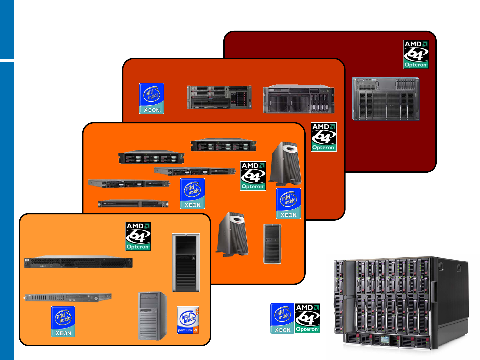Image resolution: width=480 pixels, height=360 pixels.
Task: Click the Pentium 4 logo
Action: [x=188, y=320]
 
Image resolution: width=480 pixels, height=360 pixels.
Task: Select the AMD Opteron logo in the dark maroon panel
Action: [x=416, y=54]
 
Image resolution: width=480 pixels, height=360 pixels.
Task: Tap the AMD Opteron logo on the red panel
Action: [x=323, y=137]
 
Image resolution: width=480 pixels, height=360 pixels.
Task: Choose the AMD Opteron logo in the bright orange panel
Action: [x=253, y=176]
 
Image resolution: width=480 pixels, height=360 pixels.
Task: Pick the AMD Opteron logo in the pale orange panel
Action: [x=138, y=236]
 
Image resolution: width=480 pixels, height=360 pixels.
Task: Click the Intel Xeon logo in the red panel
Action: [x=152, y=98]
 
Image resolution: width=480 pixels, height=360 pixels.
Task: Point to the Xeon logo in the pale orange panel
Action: [x=63, y=322]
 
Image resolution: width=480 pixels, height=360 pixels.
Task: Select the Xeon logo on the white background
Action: [x=282, y=318]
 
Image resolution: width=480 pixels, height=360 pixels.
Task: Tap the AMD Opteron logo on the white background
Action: [x=307, y=318]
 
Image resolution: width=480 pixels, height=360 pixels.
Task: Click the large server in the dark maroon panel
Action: [x=386, y=99]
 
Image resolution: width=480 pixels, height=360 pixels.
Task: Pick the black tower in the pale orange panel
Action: [x=186, y=263]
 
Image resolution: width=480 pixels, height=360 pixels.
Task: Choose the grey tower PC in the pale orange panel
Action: [x=152, y=316]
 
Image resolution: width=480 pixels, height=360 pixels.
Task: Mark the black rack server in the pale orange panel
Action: [x=78, y=262]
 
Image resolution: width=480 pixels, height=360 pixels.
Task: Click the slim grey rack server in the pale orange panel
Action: [x=68, y=297]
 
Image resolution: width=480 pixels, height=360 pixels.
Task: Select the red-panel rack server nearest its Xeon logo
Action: [x=219, y=97]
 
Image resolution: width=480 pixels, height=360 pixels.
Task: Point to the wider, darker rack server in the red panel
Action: [x=298, y=99]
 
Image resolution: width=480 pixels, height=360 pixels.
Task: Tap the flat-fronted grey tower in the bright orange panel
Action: [x=272, y=244]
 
